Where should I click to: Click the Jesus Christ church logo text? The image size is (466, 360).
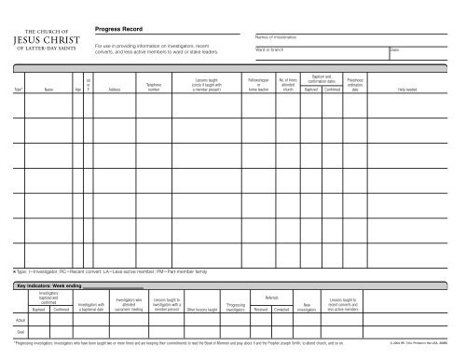pyautogui.click(x=60, y=40)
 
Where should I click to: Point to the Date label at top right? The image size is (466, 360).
pyautogui.click(x=395, y=49)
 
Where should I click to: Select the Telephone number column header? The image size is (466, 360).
pyautogui.click(x=155, y=89)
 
